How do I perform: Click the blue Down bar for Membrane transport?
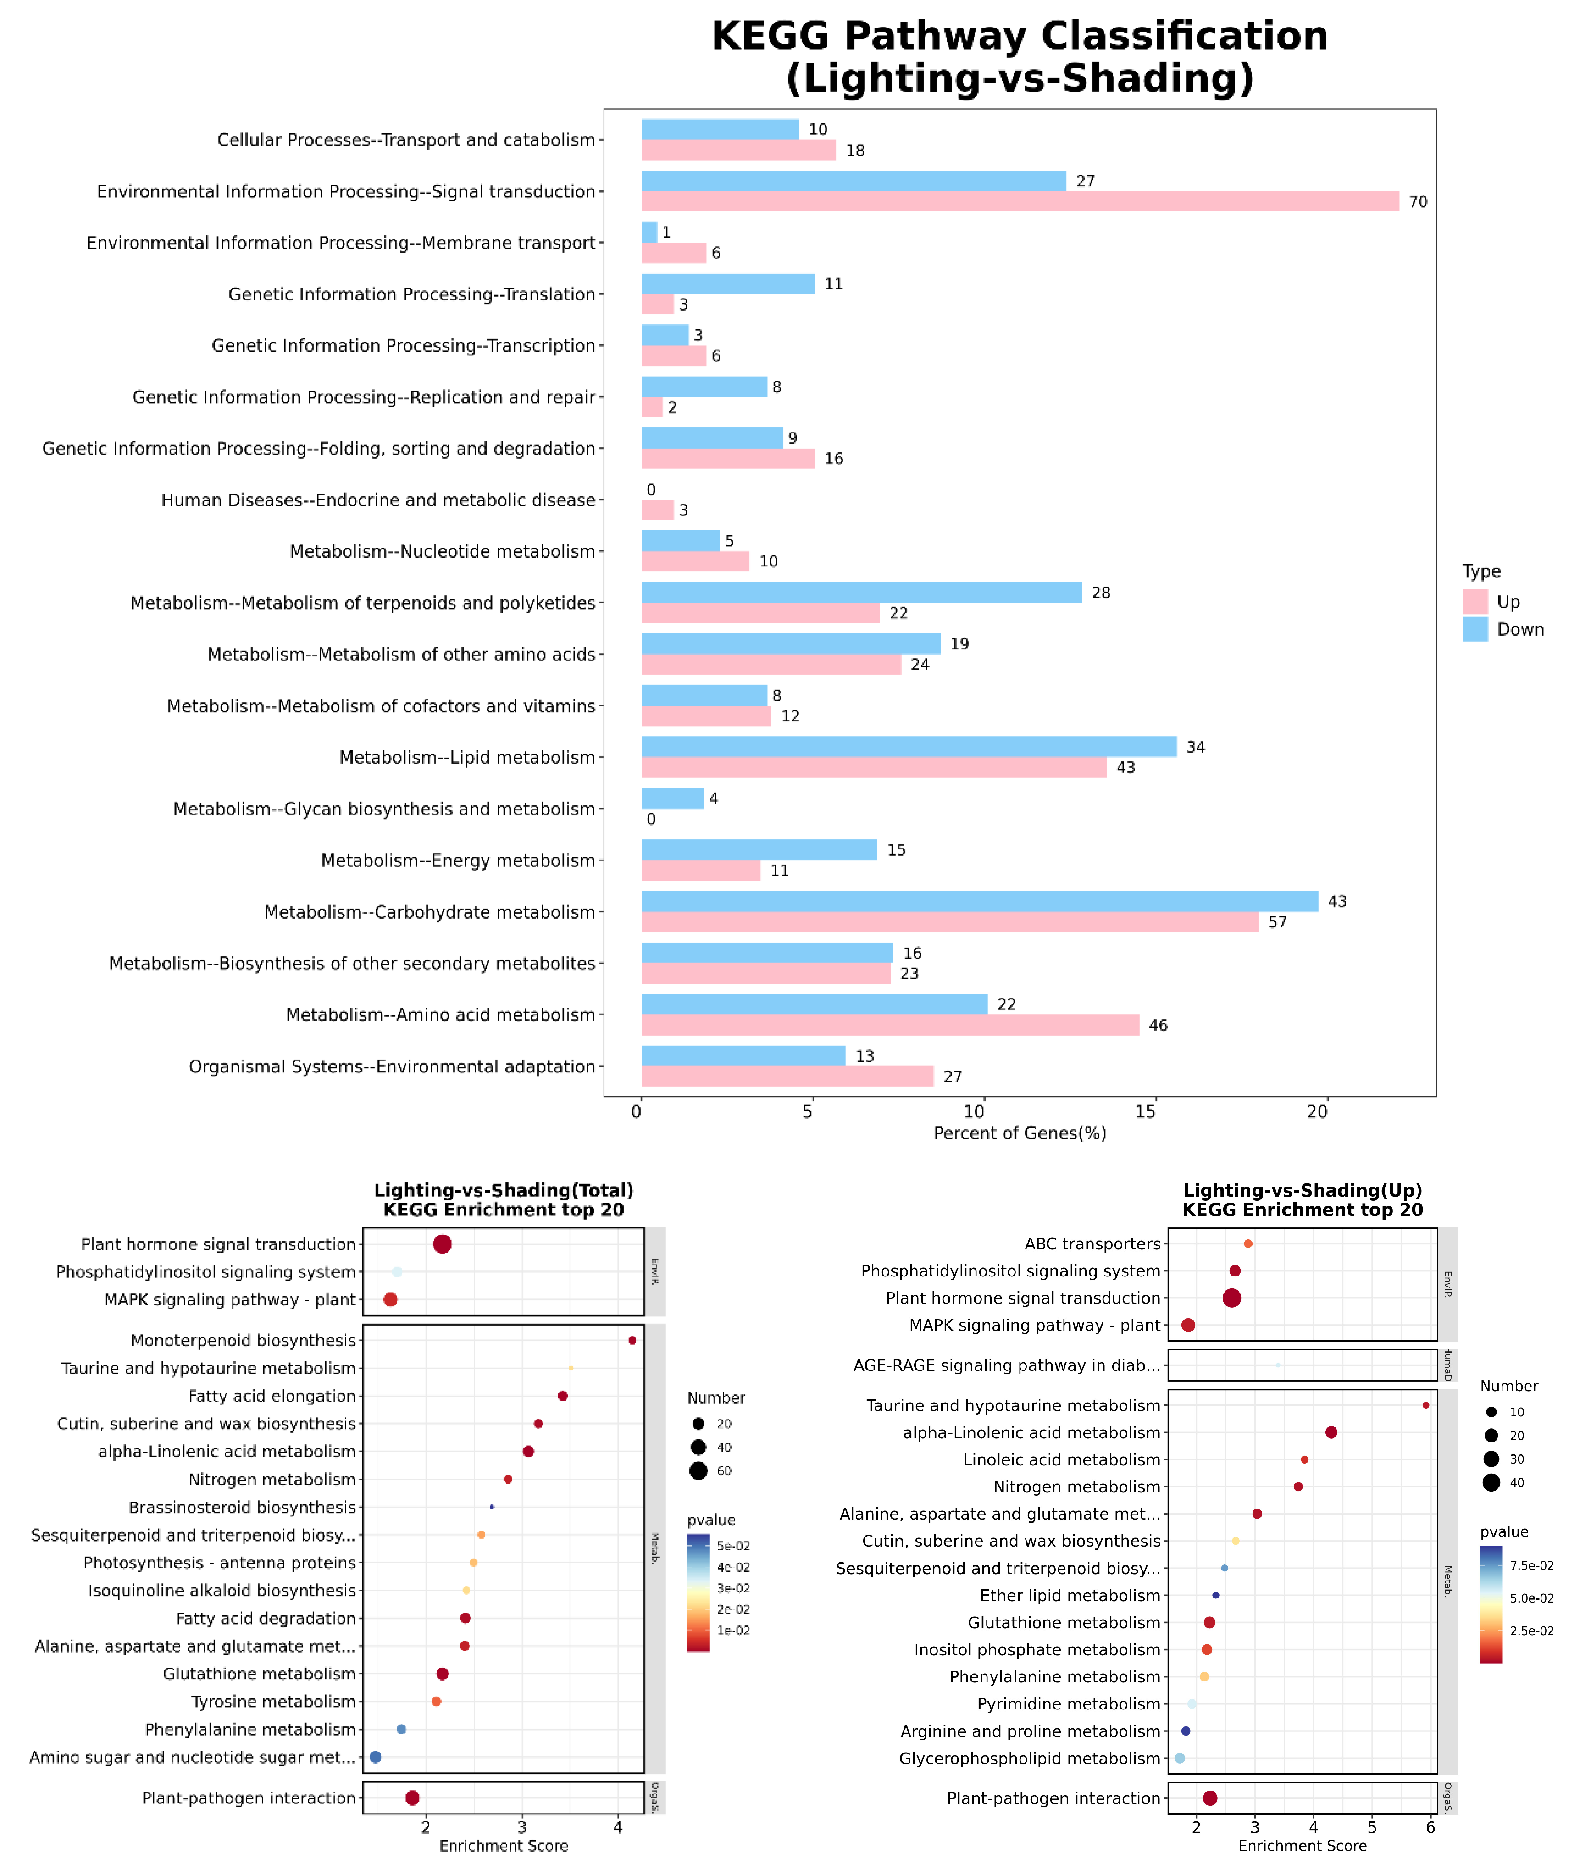point(649,232)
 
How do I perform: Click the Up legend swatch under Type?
point(1475,601)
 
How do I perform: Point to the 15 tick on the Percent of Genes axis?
point(1146,1112)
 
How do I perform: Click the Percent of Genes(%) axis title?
point(1019,1133)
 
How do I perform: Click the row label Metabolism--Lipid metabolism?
point(467,757)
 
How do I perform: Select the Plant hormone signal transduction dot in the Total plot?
point(442,1244)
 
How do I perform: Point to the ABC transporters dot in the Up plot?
point(1248,1243)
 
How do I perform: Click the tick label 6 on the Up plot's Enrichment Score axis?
point(1430,1828)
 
